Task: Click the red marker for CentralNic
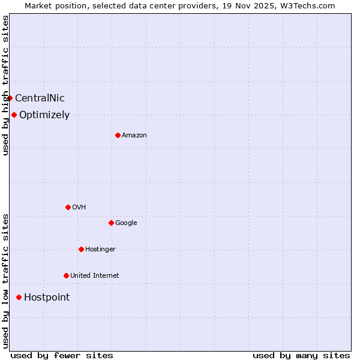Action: pos(10,98)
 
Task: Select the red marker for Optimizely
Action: pos(14,115)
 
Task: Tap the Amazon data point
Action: pos(118,135)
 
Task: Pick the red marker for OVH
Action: pos(68,207)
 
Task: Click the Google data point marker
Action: pos(111,223)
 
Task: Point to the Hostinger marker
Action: pos(81,249)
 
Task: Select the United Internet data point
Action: pos(66,275)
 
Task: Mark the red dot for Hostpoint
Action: pos(19,297)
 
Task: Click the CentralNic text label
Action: pos(40,98)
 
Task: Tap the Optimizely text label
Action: pos(44,115)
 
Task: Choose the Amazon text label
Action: pos(134,136)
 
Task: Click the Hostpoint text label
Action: pos(47,298)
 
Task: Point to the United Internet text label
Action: pos(95,276)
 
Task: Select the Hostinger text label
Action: pos(100,250)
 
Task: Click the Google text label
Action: pos(126,223)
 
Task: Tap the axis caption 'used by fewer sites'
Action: pos(62,355)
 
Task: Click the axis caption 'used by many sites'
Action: pos(301,355)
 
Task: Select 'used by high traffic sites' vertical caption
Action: pos(5,85)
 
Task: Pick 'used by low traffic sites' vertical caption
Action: pos(5,281)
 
